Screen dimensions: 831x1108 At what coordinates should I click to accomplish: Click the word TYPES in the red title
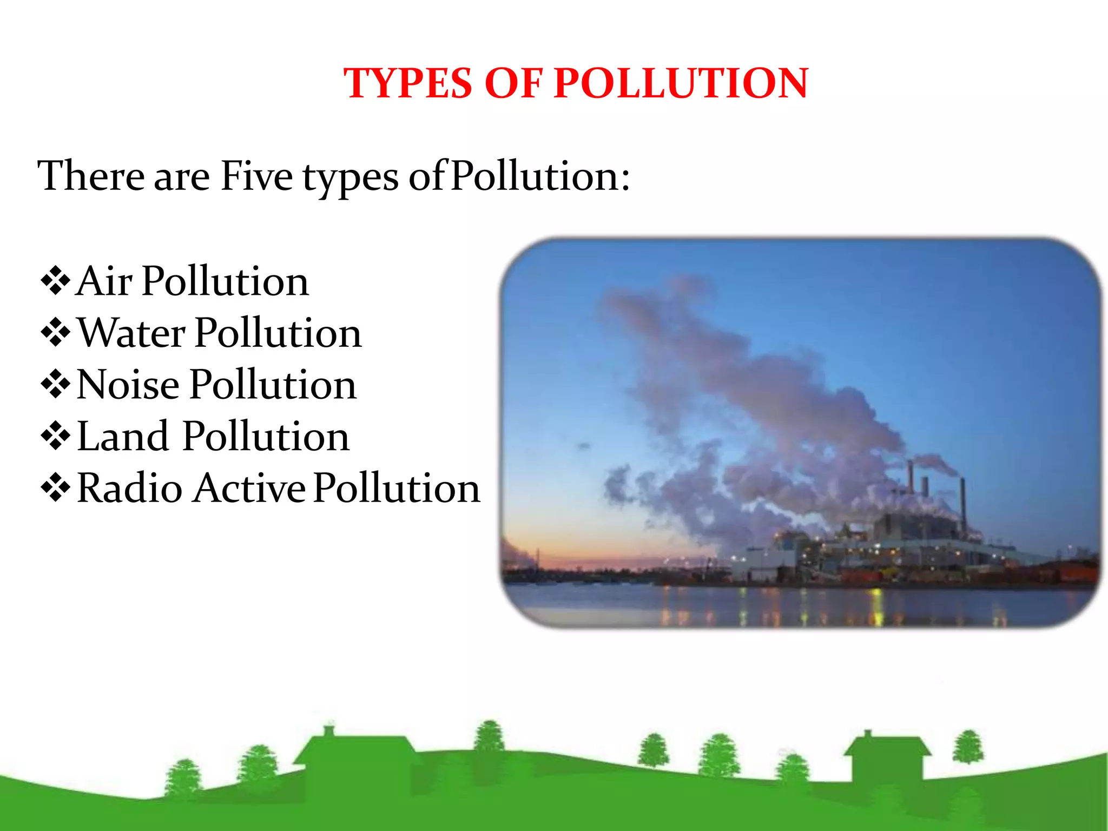[408, 83]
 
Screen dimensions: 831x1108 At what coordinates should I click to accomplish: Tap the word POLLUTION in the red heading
[681, 83]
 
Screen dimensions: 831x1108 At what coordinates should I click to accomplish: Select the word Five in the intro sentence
[256, 176]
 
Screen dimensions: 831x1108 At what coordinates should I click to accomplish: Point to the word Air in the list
[104, 281]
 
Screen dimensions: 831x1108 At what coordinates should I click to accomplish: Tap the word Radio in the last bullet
[130, 488]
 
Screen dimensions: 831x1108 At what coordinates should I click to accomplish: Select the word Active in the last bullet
[249, 488]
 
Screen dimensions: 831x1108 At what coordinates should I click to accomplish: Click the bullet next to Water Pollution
[55, 333]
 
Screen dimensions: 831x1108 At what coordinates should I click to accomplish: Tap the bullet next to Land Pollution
[55, 436]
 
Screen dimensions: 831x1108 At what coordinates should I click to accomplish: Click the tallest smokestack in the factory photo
[963, 500]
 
